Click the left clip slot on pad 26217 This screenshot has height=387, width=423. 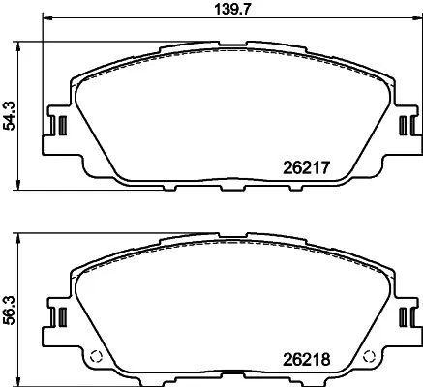57,126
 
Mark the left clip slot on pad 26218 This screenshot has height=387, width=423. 57,316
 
